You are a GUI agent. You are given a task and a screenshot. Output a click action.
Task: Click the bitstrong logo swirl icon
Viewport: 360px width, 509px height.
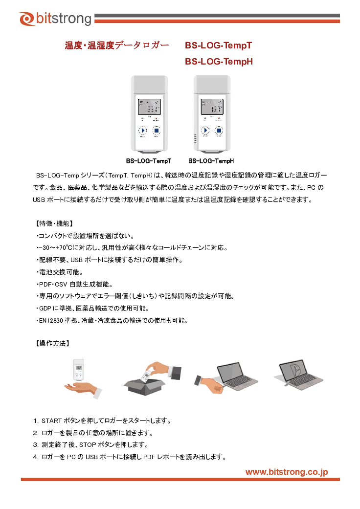tap(26, 19)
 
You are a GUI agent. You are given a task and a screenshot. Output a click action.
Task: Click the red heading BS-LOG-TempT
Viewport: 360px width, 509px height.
tap(219, 45)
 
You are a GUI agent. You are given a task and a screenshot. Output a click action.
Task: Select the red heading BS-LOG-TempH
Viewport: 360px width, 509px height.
tap(219, 61)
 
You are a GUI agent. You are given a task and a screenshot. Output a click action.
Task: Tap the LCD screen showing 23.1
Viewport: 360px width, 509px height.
tap(149, 107)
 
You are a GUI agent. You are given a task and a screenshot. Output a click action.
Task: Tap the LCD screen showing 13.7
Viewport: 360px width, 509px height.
tap(212, 107)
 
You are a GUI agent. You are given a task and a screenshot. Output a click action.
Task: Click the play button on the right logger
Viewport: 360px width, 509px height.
tap(205, 130)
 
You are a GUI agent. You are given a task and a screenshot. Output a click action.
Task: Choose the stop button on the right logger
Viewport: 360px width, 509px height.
tap(219, 130)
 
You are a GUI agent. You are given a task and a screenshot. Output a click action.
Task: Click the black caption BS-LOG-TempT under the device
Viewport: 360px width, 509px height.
tap(149, 161)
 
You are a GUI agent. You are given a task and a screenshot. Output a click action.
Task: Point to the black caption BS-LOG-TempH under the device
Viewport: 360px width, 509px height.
tap(211, 161)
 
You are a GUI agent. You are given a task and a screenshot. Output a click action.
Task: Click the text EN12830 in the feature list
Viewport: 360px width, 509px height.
tap(51, 321)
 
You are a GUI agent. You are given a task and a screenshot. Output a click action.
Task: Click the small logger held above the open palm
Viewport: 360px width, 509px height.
tap(79, 370)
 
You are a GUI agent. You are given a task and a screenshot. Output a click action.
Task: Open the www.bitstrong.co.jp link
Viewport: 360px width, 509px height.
tap(287, 472)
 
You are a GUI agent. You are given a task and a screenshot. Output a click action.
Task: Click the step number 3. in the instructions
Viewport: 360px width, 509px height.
tap(36, 445)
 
